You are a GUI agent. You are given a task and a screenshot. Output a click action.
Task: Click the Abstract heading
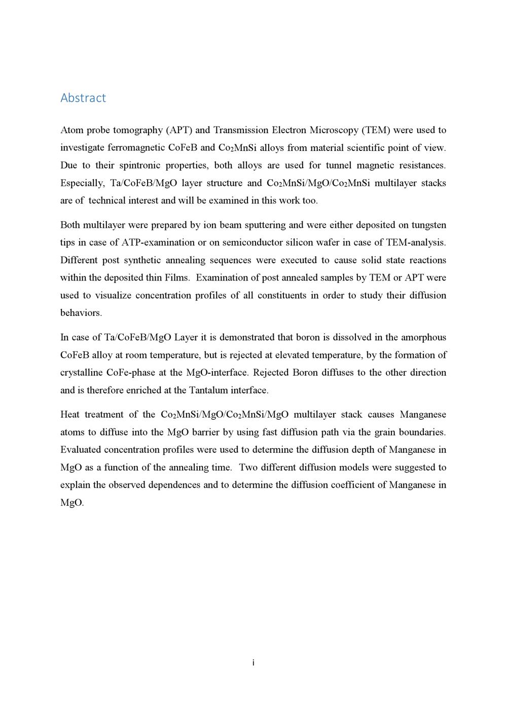pyautogui.click(x=83, y=98)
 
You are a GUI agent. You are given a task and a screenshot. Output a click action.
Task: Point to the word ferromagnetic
pyautogui.click(x=135, y=148)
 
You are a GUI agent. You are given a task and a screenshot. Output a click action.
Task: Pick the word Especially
pyautogui.click(x=82, y=183)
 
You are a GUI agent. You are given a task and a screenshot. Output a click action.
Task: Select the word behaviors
pyautogui.click(x=81, y=313)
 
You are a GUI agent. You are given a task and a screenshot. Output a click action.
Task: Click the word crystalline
pyautogui.click(x=81, y=373)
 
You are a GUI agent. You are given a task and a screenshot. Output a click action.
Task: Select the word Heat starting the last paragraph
pyautogui.click(x=70, y=415)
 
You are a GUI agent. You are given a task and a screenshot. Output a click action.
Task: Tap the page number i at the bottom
pyautogui.click(x=253, y=663)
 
